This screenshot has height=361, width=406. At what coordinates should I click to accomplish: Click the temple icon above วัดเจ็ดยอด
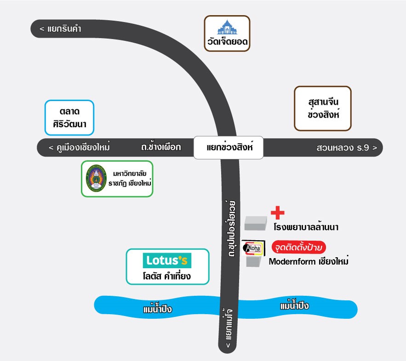coord(227,28)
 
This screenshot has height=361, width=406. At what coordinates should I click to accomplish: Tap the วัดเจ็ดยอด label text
coord(227,43)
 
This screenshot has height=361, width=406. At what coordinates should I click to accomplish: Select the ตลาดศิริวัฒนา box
coord(70,118)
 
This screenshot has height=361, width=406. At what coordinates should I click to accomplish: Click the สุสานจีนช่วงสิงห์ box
coord(323,108)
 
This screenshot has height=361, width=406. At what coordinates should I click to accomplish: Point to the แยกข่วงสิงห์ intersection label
coord(228,148)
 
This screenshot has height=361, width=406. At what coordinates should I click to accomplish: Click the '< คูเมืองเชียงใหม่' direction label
coord(79,148)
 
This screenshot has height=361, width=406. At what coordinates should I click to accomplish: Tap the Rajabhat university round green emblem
coord(97,179)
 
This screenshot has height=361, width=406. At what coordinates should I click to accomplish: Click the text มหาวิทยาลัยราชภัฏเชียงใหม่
coord(132,179)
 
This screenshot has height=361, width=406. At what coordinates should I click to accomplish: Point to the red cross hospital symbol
coord(277,213)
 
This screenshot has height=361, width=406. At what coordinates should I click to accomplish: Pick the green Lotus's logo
coord(168,260)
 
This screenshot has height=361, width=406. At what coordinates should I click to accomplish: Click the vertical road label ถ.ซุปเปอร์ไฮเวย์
coord(230,227)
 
